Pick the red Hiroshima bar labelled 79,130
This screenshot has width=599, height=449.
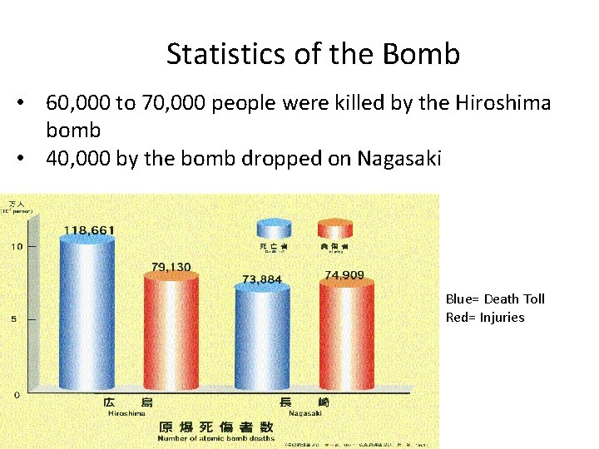pyautogui.click(x=171, y=333)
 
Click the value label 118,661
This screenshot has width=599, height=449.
pyautogui.click(x=89, y=229)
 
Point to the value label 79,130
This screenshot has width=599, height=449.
pyautogui.click(x=171, y=267)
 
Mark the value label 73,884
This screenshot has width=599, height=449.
pyautogui.click(x=262, y=279)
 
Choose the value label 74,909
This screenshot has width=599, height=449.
pyautogui.click(x=344, y=274)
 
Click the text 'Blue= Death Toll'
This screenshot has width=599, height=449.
pyautogui.click(x=495, y=299)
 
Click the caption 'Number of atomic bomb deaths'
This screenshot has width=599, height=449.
pyautogui.click(x=216, y=438)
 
